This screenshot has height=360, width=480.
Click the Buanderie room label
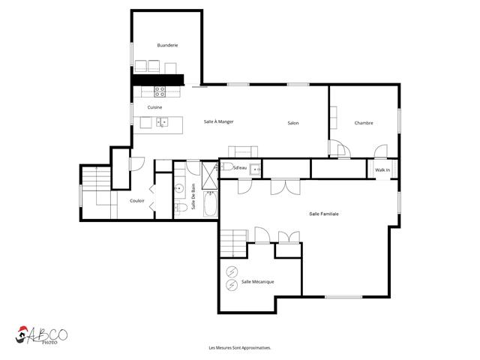click(167, 46)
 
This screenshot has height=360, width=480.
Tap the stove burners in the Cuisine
click(160, 92)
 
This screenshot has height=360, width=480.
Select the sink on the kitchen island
click(162, 122)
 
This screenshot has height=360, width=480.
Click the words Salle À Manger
click(219, 122)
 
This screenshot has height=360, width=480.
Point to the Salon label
click(292, 123)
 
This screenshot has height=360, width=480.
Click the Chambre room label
click(364, 123)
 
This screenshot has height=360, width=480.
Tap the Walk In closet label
click(382, 171)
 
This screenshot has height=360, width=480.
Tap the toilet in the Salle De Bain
click(180, 208)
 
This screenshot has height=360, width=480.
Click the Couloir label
click(136, 200)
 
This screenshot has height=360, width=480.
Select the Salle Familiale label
click(324, 214)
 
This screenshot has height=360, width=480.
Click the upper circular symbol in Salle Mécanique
click(232, 270)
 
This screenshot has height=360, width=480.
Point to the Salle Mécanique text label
click(257, 281)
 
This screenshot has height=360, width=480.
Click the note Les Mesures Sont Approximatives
click(240, 348)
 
